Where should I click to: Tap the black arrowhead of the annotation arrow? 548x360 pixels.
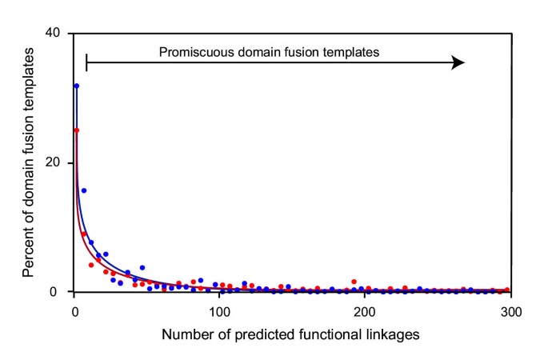[458, 62]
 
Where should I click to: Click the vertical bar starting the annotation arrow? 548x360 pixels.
[86, 62]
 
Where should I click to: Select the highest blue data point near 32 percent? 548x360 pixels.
[77, 86]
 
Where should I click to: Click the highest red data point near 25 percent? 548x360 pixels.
[77, 130]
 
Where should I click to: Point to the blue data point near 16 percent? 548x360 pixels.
[84, 190]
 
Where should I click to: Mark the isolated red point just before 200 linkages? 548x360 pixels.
[354, 282]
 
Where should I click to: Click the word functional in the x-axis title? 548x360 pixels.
[329, 334]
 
